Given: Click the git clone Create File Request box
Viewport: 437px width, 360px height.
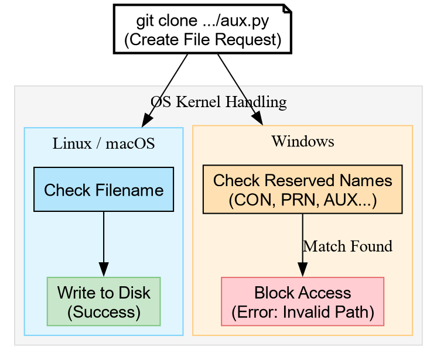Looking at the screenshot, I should click(202, 30).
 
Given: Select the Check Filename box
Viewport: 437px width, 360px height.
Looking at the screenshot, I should click(104, 190).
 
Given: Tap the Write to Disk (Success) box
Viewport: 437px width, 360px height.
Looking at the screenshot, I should click(104, 301).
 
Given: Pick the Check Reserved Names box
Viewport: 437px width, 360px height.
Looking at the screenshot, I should click(302, 190).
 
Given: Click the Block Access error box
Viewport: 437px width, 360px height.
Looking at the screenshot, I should click(302, 301).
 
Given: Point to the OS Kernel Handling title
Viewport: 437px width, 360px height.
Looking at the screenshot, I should click(218, 102).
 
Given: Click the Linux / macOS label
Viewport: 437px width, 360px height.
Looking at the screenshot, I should click(104, 143).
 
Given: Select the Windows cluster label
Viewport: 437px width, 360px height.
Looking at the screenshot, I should click(303, 141).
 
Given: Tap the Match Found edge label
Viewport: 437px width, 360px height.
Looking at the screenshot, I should click(347, 246).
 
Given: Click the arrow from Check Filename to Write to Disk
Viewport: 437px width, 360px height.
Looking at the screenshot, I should click(104, 240).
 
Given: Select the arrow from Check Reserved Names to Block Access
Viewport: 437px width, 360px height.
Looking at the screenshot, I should click(302, 240).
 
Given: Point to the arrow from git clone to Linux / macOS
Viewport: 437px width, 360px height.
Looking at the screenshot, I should click(166, 88).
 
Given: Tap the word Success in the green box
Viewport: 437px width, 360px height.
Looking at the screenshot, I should click(104, 311).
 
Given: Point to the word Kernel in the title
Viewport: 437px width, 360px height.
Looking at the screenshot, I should click(199, 102).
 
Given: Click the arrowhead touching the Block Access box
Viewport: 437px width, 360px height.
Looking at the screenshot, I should click(302, 270).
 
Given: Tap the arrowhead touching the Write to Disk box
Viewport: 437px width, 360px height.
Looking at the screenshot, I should click(104, 270).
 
